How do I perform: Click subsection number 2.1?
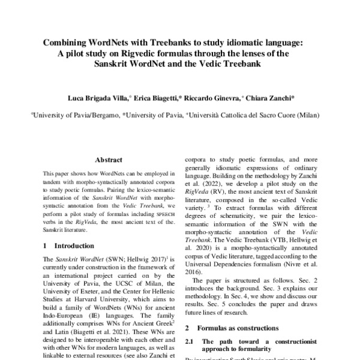coord(190,341)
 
